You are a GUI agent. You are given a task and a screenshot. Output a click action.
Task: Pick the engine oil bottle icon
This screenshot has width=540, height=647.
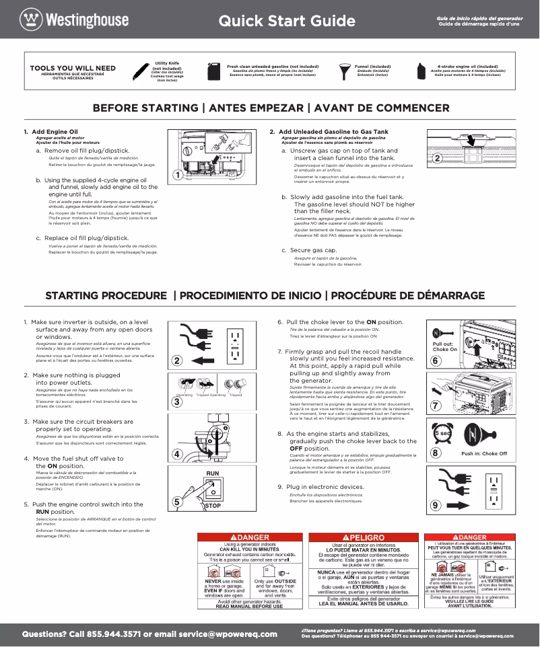tap(422, 71)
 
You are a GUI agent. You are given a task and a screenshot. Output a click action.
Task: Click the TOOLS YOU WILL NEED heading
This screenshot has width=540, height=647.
tap(73, 68)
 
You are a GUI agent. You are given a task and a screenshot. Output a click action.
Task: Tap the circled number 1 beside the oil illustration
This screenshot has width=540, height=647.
tap(177, 176)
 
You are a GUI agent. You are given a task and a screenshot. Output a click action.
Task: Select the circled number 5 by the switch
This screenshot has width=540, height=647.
tap(177, 501)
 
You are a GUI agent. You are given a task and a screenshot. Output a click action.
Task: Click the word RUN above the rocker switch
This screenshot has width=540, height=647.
tap(213, 473)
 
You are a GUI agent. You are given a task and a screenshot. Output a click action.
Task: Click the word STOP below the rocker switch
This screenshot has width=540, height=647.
tap(213, 505)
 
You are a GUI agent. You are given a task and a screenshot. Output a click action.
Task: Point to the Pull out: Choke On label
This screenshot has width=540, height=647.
tap(444, 346)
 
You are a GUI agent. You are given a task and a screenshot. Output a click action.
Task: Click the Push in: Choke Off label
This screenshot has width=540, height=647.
tap(483, 453)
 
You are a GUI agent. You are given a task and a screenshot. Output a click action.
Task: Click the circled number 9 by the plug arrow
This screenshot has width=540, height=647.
tap(436, 504)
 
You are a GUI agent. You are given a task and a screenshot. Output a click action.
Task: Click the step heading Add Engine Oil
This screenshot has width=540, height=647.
tap(55, 131)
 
